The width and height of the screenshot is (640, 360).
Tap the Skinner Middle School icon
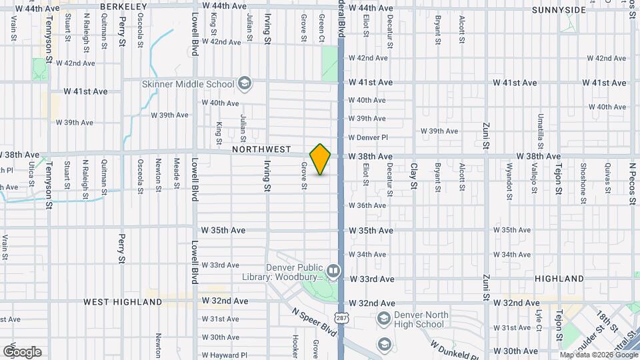point(245,83)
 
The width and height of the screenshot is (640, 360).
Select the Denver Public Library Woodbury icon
point(333,271)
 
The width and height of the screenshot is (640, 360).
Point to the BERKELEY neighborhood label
point(123,7)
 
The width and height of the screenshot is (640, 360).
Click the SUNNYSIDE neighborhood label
point(559,10)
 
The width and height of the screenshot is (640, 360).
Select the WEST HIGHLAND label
point(123,302)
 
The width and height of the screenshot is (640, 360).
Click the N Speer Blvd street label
point(311,322)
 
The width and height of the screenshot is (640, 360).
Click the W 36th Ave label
point(367,205)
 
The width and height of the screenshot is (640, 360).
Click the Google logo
point(22,352)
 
